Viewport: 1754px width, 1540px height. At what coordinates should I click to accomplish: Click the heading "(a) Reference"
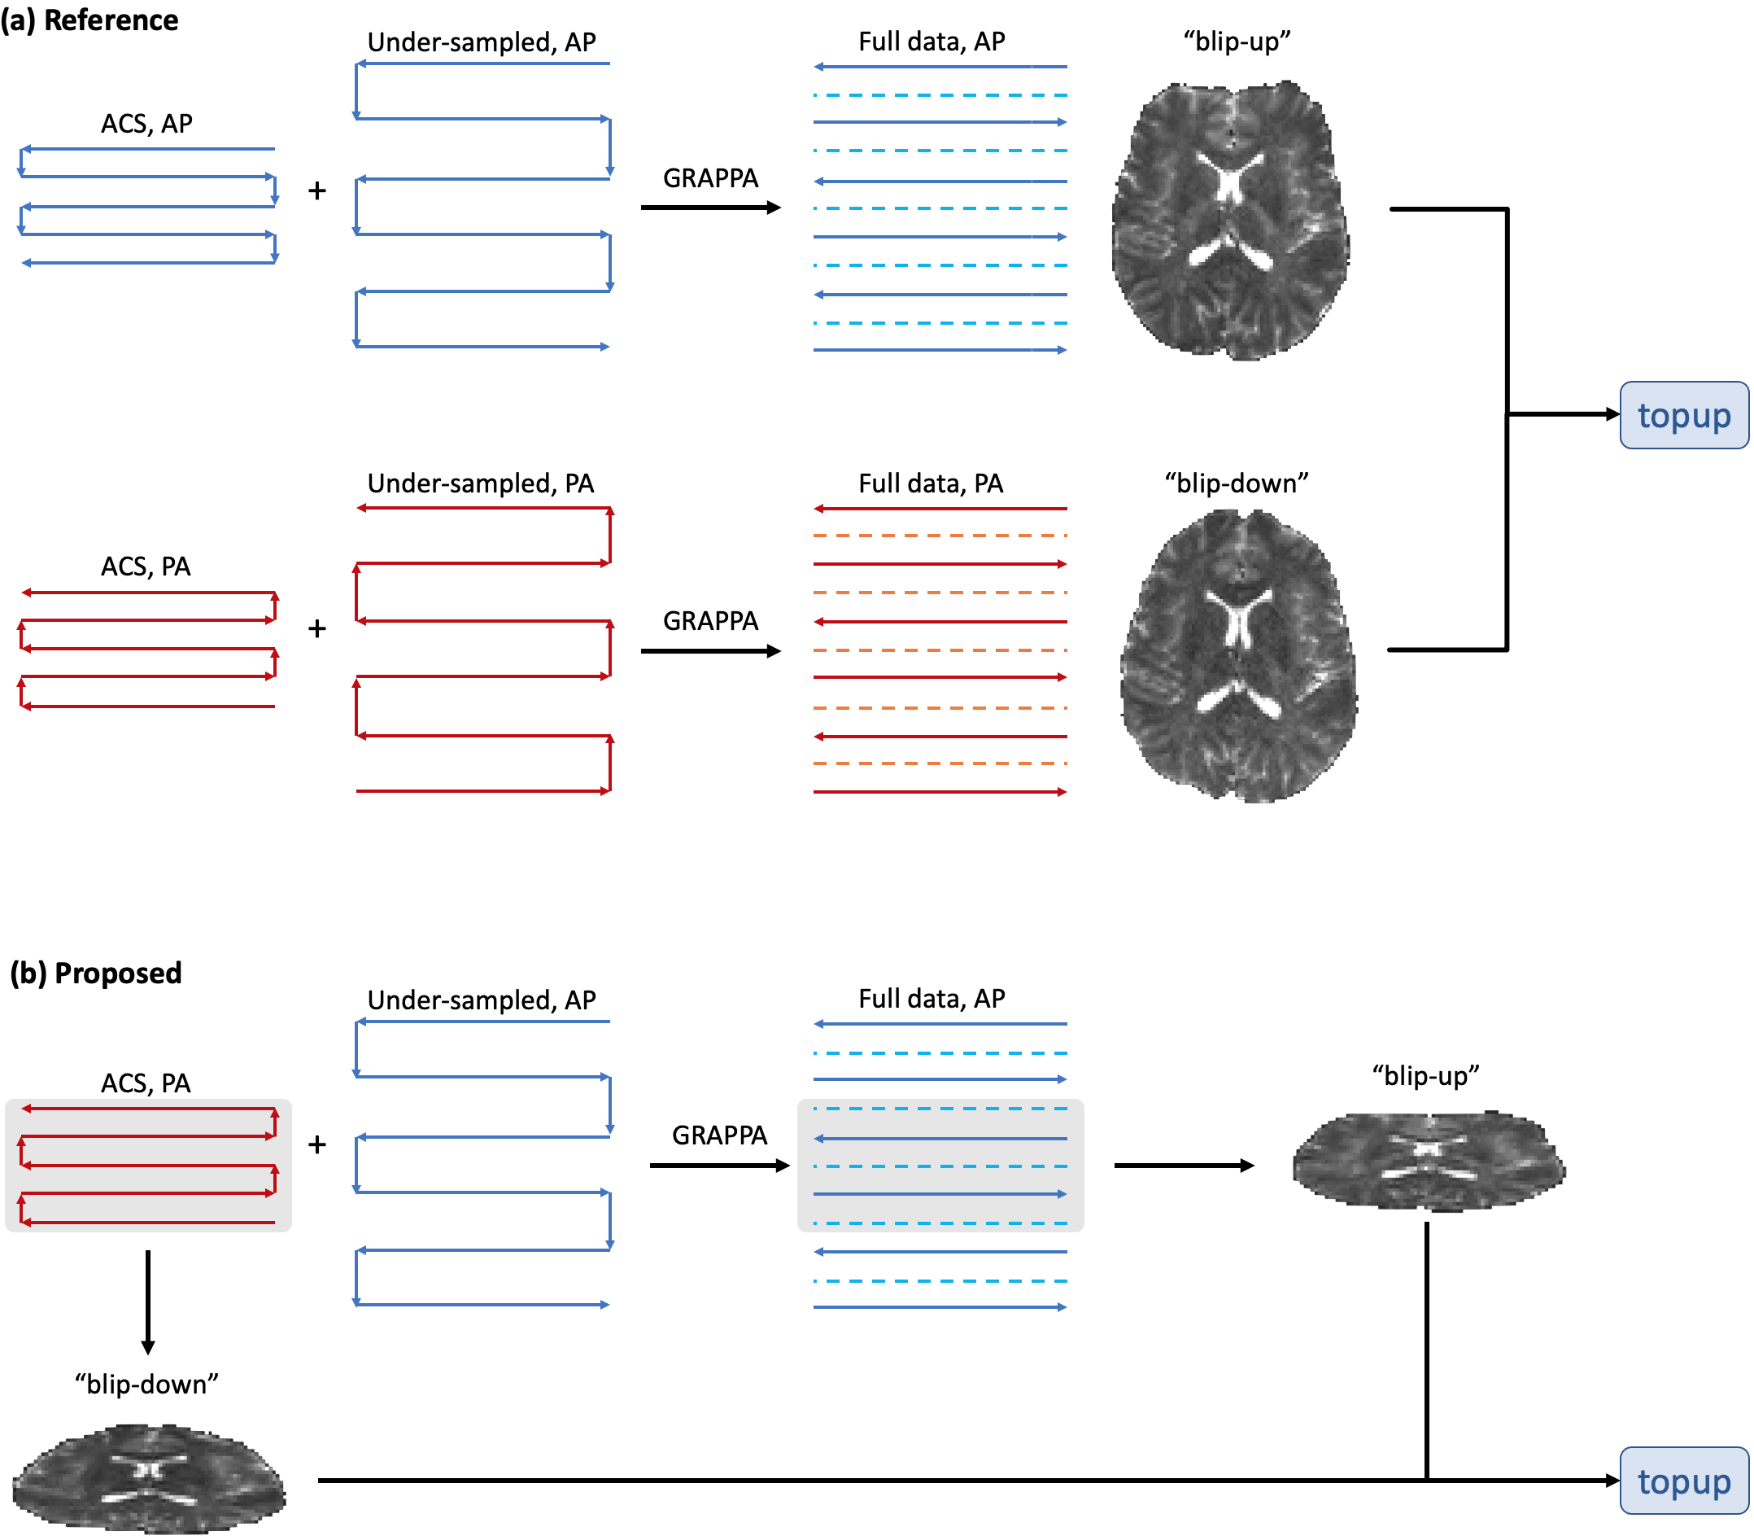point(89,20)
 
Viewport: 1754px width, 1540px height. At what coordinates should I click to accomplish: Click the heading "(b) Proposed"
point(95,973)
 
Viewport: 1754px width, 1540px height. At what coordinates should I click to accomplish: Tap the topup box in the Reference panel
point(1682,415)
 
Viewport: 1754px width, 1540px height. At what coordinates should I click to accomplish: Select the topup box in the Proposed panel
point(1682,1481)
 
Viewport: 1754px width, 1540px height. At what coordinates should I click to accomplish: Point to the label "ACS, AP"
point(146,124)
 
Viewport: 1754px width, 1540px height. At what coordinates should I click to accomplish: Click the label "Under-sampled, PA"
point(481,483)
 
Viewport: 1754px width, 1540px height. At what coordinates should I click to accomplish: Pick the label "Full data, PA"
point(931,483)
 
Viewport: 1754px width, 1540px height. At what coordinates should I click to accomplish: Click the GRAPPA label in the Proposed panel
point(719,1135)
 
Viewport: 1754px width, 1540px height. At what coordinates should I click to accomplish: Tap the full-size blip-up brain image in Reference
point(1231,220)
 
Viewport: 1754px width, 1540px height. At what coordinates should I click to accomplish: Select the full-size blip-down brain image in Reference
point(1238,656)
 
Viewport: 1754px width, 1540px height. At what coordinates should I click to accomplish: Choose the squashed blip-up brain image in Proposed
point(1429,1162)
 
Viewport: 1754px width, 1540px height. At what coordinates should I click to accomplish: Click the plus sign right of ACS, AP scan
point(316,190)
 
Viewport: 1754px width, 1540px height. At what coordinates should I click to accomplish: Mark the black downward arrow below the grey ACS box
point(148,1302)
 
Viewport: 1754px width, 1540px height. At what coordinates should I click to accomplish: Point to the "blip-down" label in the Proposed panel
point(146,1384)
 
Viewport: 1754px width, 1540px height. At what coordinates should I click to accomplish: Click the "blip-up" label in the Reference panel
point(1237,42)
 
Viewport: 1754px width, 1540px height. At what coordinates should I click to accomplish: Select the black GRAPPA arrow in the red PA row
point(710,651)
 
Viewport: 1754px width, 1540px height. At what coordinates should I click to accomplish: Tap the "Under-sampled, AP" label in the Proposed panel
point(482,1000)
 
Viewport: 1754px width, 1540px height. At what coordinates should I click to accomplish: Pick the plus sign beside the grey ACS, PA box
point(316,1144)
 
